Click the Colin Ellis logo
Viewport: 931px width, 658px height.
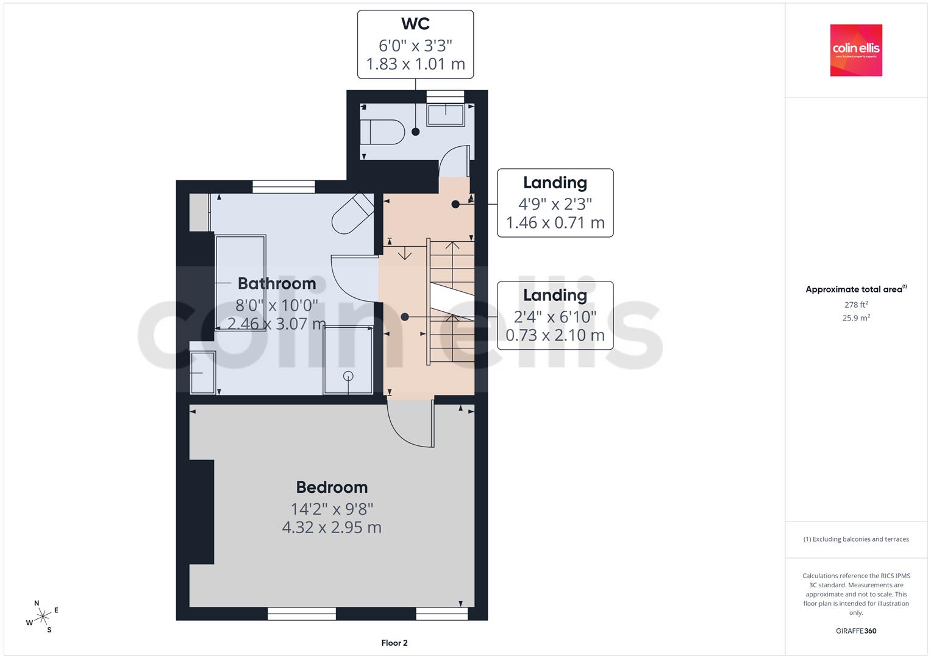tap(856, 50)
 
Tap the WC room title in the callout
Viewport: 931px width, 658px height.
tap(415, 24)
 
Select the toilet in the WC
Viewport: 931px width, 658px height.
tap(382, 132)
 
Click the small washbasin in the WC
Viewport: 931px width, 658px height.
tap(446, 115)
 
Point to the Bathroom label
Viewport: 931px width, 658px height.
tap(277, 283)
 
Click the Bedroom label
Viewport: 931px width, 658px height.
tap(332, 487)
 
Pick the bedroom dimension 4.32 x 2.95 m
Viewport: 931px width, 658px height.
tap(332, 527)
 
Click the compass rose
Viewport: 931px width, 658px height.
tap(43, 617)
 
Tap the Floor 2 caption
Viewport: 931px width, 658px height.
tap(394, 643)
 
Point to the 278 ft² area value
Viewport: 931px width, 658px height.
tap(856, 304)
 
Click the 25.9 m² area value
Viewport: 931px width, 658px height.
tap(856, 317)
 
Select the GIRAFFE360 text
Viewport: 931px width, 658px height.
tap(856, 631)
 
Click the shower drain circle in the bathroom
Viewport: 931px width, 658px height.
tap(348, 376)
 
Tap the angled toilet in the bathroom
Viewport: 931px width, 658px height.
tap(352, 214)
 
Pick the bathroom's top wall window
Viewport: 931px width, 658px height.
tap(284, 186)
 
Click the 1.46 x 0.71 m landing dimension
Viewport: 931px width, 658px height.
tap(555, 222)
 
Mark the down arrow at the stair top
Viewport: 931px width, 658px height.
tap(404, 253)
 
